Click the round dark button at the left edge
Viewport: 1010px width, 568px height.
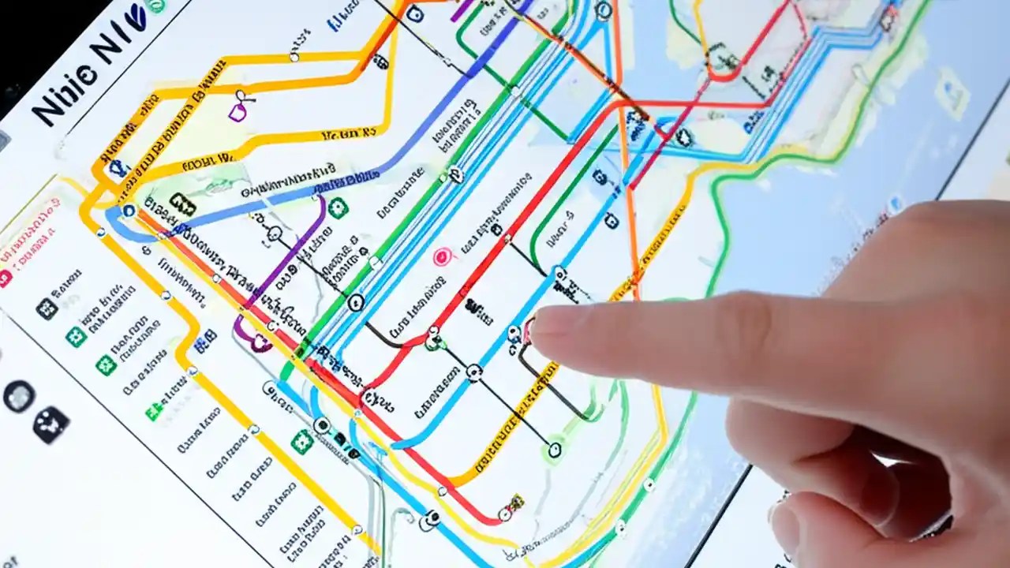tap(19, 396)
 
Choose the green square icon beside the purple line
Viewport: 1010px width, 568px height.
tap(339, 207)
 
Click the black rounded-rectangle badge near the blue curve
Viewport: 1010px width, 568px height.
tap(182, 205)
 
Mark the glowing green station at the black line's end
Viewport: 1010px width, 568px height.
tap(555, 450)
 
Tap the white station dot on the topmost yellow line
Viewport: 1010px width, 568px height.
tap(294, 56)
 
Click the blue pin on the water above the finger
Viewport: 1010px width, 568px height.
tap(894, 204)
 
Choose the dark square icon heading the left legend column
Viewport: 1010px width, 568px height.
tap(47, 308)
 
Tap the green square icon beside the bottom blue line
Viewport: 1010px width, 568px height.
tap(301, 442)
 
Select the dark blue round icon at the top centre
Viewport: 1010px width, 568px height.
tap(414, 13)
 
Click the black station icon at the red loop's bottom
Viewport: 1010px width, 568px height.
tap(432, 341)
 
